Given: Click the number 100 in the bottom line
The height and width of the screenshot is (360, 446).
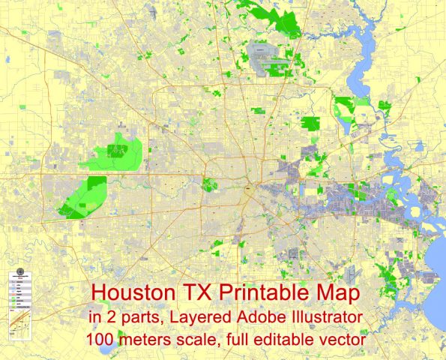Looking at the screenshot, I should coord(99,339).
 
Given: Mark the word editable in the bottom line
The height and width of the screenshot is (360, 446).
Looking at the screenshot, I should coord(290,339).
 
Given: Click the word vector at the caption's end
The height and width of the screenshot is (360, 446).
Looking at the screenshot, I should coord(344,339).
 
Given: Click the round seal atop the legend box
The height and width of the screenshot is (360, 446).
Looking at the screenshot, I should coord(20,271).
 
